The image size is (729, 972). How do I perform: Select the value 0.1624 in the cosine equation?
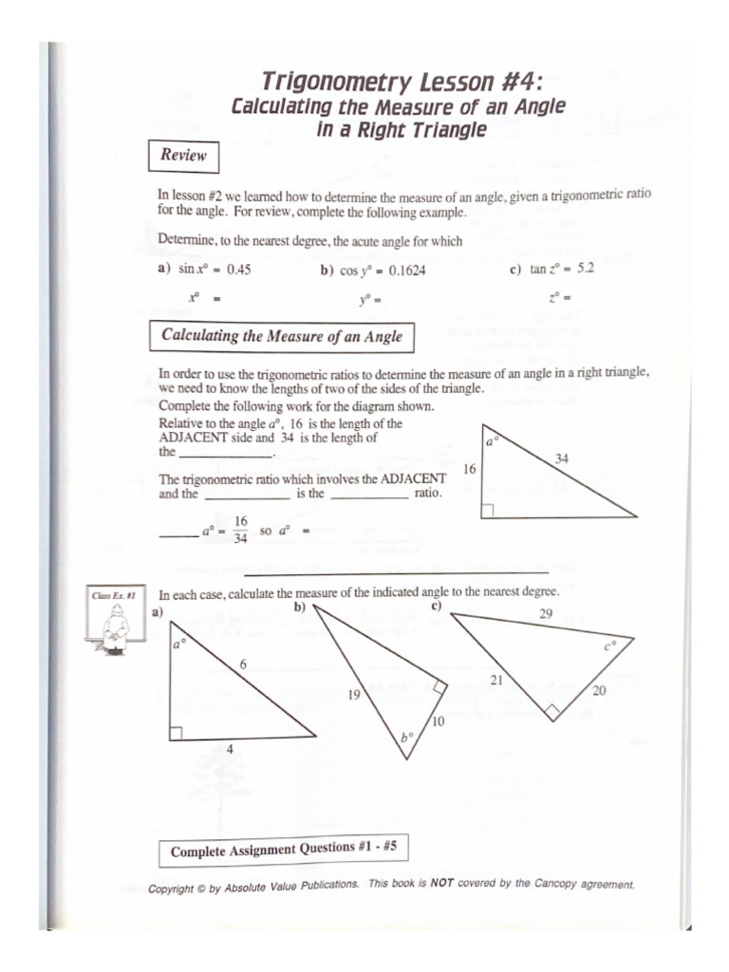[403, 271]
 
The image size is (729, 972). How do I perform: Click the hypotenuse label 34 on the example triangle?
[562, 458]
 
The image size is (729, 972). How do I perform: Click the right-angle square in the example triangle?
[488, 512]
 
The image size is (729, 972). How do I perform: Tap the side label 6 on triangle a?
[243, 665]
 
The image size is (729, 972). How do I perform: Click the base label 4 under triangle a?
[229, 750]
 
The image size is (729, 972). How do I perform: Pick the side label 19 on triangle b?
[353, 695]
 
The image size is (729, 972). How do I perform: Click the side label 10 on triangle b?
[438, 722]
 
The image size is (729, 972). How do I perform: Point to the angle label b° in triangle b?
[406, 736]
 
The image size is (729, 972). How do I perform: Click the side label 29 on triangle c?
[545, 614]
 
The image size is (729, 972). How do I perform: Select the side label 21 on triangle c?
[496, 680]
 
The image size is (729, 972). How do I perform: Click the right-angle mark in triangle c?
[554, 711]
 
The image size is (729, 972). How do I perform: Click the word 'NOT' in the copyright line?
[443, 883]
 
